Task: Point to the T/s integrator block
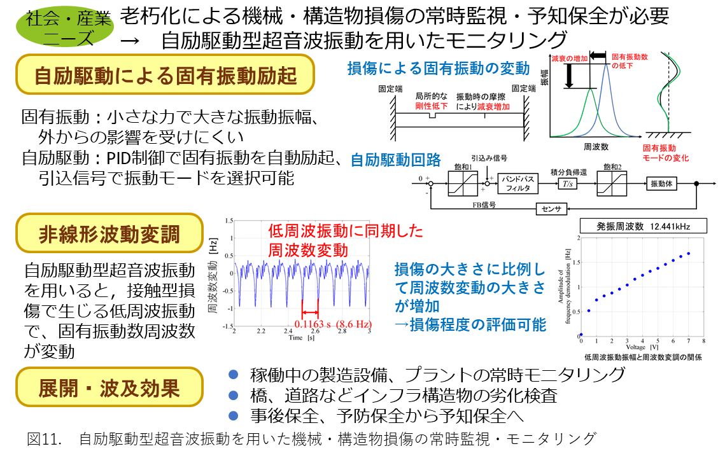pos(567,184)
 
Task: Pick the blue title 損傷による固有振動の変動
pos(439,68)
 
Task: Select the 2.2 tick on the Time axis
pos(261,331)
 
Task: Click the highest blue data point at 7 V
pos(688,253)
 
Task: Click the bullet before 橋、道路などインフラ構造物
pos(233,395)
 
